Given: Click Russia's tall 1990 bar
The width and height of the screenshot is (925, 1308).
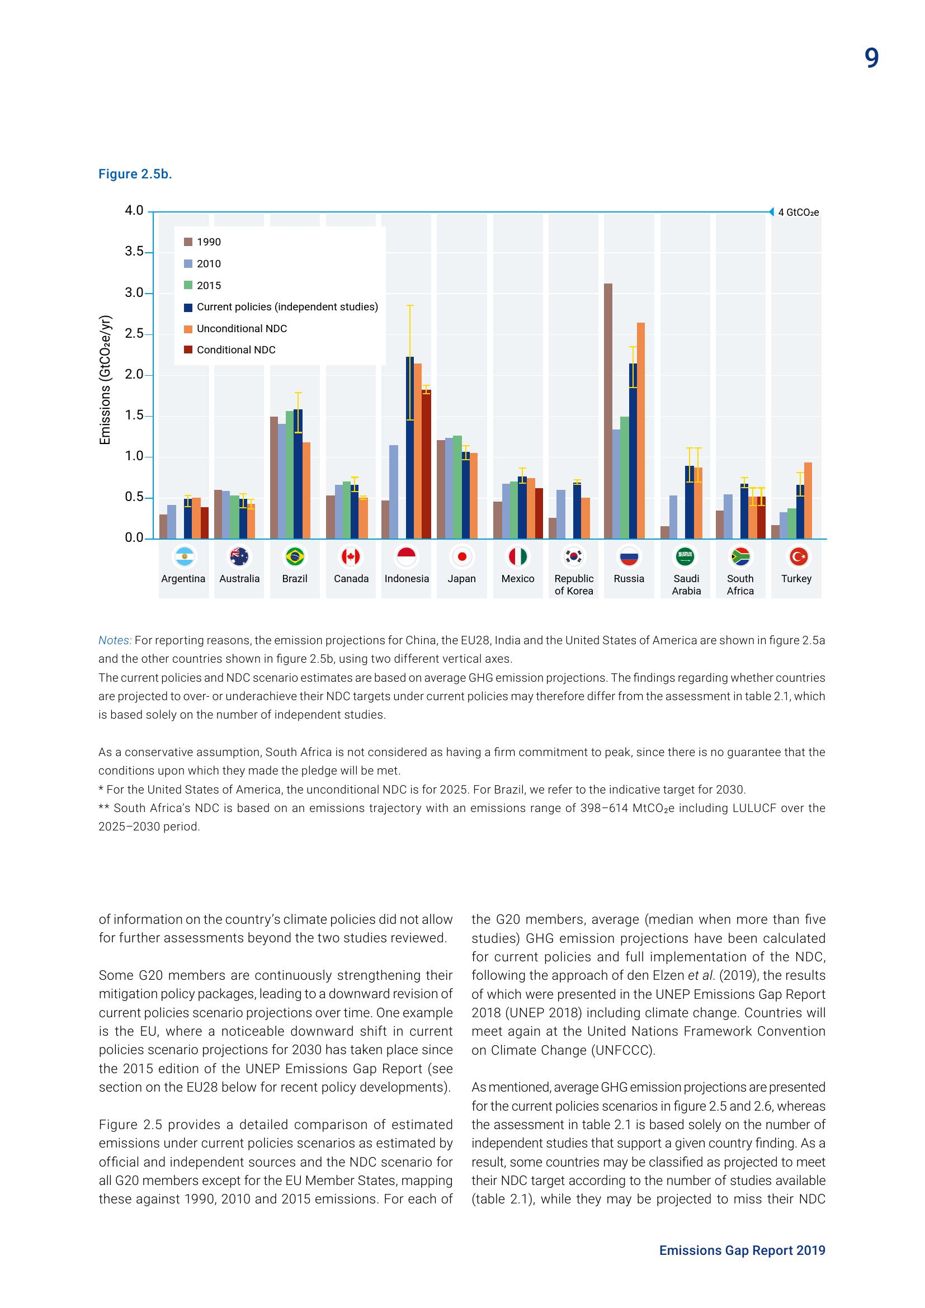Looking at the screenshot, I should coord(608,410).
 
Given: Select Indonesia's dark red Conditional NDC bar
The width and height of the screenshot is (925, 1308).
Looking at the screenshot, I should coord(426,464).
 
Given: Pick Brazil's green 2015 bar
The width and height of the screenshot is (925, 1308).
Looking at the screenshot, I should coord(289,475).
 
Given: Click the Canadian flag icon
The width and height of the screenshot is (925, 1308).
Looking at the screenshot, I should coord(350,556).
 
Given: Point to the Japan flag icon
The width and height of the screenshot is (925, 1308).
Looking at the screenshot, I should coord(462,556).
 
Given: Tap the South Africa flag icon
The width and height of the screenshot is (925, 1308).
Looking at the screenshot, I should coord(740,556).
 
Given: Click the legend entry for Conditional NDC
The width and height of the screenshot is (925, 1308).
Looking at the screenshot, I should coord(236,350).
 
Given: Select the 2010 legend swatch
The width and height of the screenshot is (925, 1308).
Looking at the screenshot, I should coord(188,264).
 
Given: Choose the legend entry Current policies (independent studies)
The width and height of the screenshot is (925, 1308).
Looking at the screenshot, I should coord(287,307).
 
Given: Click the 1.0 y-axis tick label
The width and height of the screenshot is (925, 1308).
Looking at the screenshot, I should coord(134,456).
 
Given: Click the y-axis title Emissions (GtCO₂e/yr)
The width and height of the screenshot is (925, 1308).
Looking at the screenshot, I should coord(105,379).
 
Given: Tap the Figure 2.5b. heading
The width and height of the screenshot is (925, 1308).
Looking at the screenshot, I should coord(135,174).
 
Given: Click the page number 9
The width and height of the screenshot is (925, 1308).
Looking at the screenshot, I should coord(871,58).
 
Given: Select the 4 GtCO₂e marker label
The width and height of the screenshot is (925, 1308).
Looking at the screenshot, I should coord(798,213).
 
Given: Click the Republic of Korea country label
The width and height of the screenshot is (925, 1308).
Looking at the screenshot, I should coord(574,584).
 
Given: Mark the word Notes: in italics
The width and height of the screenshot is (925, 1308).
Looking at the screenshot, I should coord(115,640).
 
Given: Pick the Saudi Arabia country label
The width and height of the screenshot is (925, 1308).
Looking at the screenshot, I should coord(686,584).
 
